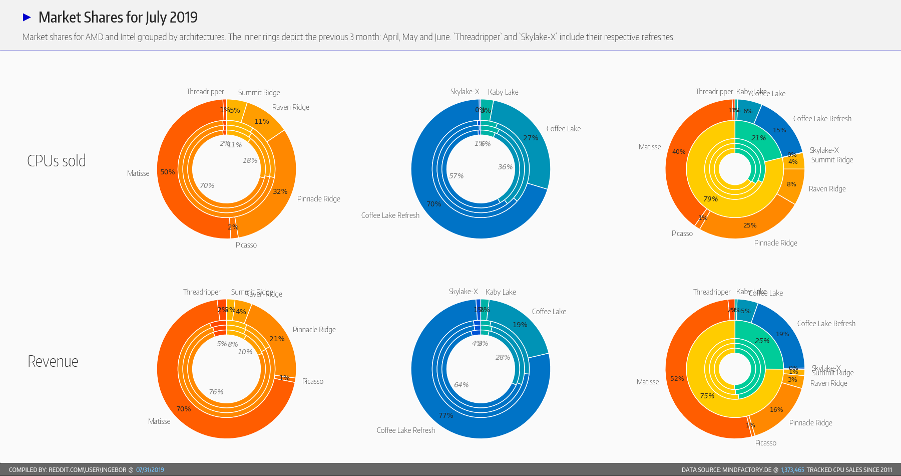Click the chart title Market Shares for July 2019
point(118,18)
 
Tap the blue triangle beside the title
point(27,18)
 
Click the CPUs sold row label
point(57,161)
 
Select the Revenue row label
point(53,361)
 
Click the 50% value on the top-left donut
point(168,172)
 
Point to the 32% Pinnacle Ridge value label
point(280,191)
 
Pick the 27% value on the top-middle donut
point(531,138)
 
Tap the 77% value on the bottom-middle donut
point(445,415)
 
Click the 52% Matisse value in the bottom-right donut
point(677,379)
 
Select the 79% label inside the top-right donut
point(710,199)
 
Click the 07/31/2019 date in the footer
point(150,470)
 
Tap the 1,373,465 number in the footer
point(792,470)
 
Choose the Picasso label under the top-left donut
point(246,245)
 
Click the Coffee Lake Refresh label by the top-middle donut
point(390,215)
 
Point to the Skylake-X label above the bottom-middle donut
point(463,292)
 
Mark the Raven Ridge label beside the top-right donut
point(827,189)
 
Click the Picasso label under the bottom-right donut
point(765,443)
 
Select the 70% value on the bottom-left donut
point(184,409)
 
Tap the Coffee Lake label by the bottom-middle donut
point(549,312)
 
